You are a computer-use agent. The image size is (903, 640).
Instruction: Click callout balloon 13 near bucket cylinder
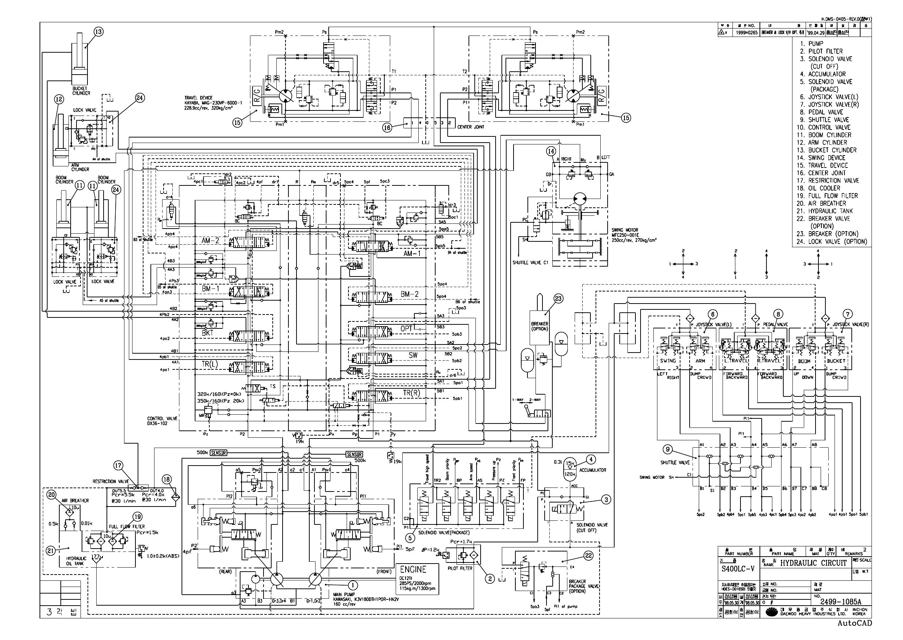pyautogui.click(x=98, y=32)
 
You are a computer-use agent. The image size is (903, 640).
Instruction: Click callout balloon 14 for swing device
pyautogui.click(x=551, y=151)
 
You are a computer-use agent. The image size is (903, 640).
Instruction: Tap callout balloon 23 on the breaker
pyautogui.click(x=558, y=299)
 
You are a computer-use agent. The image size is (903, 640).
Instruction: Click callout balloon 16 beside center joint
pyautogui.click(x=388, y=127)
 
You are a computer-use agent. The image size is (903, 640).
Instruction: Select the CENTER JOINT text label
pyautogui.click(x=470, y=127)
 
